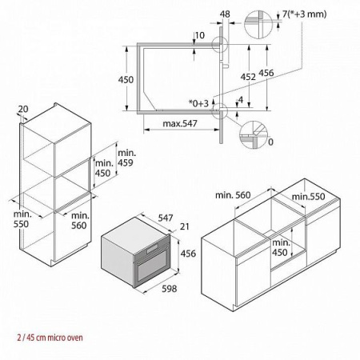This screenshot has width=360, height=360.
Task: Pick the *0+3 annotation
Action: pos(198,104)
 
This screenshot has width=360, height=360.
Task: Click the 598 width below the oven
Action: pos(167,289)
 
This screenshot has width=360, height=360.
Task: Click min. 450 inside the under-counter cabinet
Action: pos(280,247)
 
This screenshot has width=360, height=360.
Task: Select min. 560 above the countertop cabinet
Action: pos(233,194)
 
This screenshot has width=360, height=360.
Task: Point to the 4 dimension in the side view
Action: pos(240,99)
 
